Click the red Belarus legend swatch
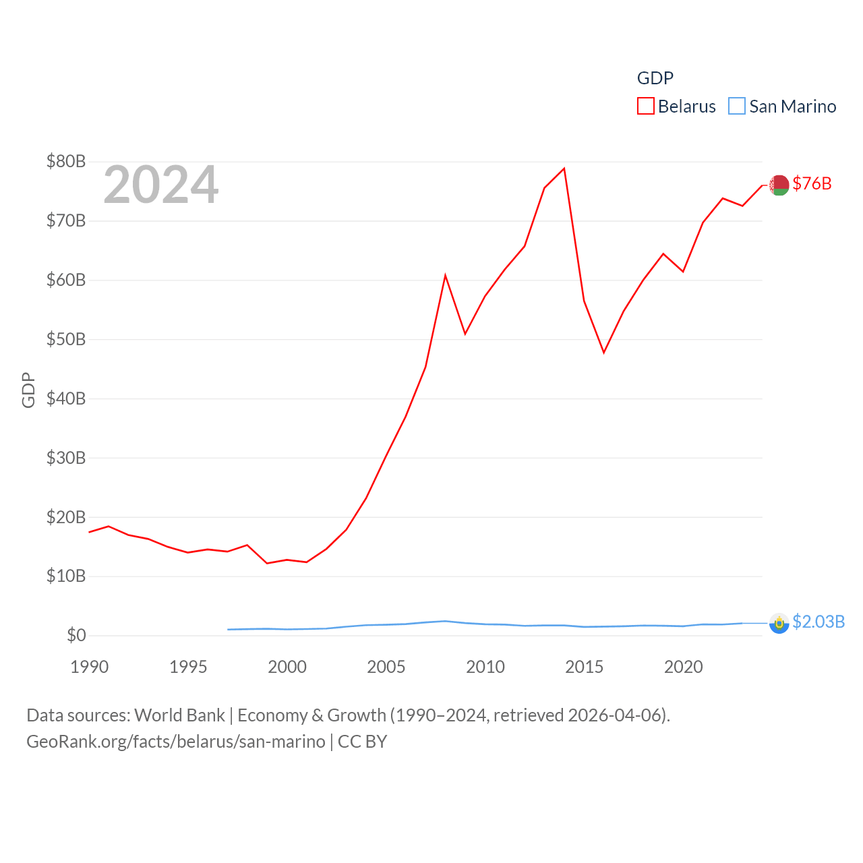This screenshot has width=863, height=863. point(645,107)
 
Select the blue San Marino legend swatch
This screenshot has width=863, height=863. point(737,107)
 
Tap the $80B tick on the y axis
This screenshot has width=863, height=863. point(66,162)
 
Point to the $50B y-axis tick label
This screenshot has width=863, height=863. point(66,339)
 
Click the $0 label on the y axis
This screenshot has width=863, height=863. point(76,635)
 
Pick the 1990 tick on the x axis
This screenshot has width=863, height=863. point(89,667)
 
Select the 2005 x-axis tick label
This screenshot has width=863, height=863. point(386,667)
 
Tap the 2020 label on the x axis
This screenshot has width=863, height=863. point(684,667)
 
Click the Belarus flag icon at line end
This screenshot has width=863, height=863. point(779,185)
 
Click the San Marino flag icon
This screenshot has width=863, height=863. point(779,623)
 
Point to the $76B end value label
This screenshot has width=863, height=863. point(812,183)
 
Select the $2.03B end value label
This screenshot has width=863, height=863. point(819,622)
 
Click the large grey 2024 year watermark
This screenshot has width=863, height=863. point(160,185)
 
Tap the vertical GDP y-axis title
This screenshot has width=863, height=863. point(28,390)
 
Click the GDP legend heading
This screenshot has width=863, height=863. point(655,78)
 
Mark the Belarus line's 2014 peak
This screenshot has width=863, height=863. point(564,169)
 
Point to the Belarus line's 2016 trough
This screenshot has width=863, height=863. point(604,353)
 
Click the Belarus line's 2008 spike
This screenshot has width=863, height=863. point(445,275)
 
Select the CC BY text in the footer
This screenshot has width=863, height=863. point(362,742)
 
